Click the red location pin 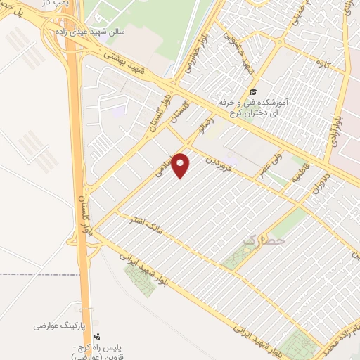[181, 165]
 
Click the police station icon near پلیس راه [97, 338]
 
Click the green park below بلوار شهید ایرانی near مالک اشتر [139, 279]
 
